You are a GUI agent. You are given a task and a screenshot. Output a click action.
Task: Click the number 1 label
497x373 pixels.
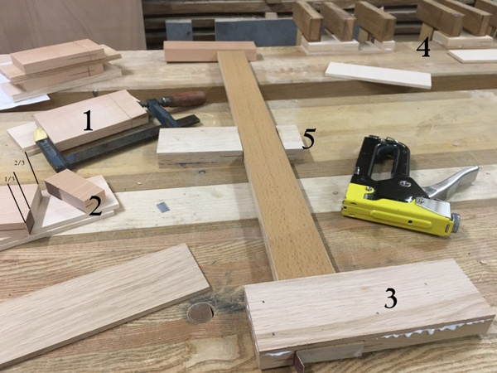[89, 120]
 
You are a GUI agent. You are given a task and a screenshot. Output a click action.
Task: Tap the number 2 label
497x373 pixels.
[96, 206]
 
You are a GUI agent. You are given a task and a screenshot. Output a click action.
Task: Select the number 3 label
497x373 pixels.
[390, 298]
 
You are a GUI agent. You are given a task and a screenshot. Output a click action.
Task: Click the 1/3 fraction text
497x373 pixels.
[10, 179]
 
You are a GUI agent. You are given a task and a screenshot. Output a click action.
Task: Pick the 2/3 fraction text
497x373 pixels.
[19, 162]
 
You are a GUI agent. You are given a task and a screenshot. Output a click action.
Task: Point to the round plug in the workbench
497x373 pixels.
[200, 312]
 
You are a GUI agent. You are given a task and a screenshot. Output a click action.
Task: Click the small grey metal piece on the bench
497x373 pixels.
[163, 206]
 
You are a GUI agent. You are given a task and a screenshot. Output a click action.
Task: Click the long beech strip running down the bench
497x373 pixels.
[273, 165]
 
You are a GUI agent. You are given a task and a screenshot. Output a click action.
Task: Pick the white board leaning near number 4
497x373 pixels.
[379, 75]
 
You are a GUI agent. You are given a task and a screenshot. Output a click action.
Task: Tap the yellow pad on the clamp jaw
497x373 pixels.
[41, 136]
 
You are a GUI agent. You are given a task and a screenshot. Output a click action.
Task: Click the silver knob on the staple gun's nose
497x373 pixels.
[455, 223]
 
